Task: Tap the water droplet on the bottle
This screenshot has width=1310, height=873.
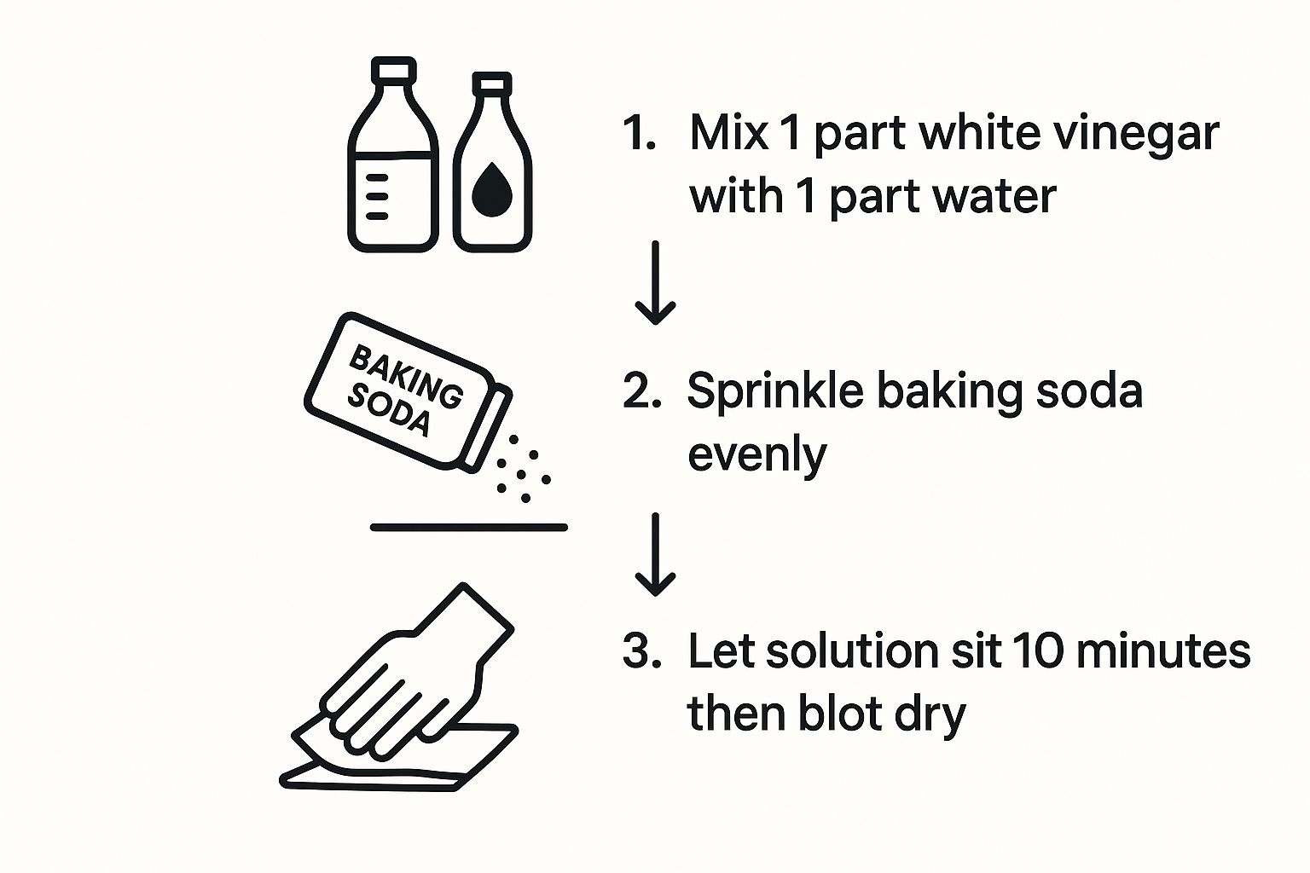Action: point(492,190)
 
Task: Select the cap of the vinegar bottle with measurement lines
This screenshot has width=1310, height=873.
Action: point(393,70)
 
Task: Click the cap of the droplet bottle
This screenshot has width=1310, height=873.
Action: point(492,84)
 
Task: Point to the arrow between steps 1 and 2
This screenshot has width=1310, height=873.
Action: point(656,282)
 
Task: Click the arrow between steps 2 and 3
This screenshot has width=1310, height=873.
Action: point(656,554)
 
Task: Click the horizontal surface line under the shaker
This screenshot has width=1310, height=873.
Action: point(469,528)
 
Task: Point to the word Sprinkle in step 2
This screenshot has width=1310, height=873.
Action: point(775,393)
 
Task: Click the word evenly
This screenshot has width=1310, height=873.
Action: point(756,457)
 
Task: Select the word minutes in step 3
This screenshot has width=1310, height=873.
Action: point(1163,650)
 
